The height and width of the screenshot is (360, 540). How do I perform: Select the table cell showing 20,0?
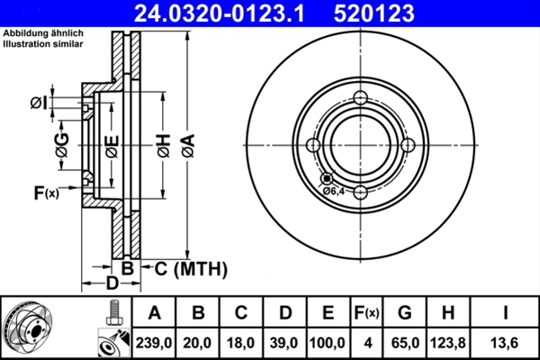coord(198,342)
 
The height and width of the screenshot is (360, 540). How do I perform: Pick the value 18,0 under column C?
coord(241,342)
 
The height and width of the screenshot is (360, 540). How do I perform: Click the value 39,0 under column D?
coord(285,342)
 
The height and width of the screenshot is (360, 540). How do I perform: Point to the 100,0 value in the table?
coord(328,342)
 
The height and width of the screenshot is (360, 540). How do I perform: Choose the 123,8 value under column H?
coord(449,342)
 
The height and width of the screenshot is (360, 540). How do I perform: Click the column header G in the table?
coord(405,312)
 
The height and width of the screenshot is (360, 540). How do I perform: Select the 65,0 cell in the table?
coord(405,342)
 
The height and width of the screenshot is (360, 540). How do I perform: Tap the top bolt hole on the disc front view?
coord(359,99)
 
